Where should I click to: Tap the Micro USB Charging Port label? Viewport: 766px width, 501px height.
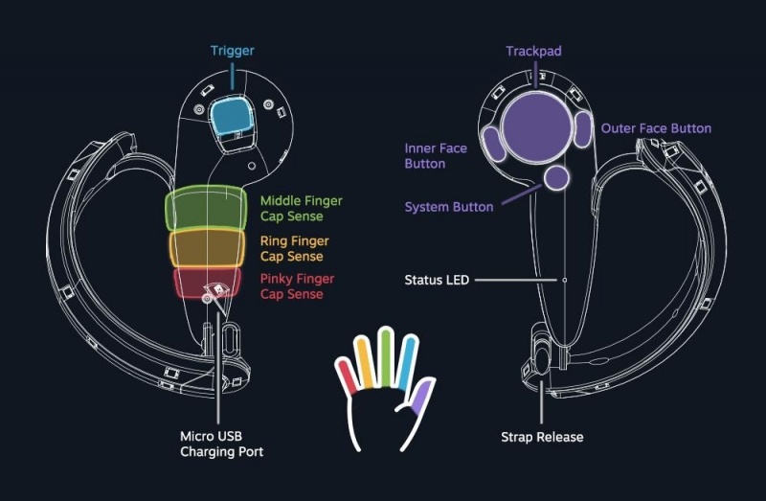pos(221,444)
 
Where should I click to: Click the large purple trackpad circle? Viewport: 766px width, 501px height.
pos(535,128)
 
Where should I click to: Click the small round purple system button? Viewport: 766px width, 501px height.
pos(555,176)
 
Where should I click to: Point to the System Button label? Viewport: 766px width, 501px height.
pos(449,207)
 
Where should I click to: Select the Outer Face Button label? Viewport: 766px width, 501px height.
pos(656,128)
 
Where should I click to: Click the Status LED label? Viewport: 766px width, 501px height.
pos(437,280)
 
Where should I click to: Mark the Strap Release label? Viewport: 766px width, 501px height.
pos(542,437)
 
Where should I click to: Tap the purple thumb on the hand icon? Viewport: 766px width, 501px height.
pos(418,395)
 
